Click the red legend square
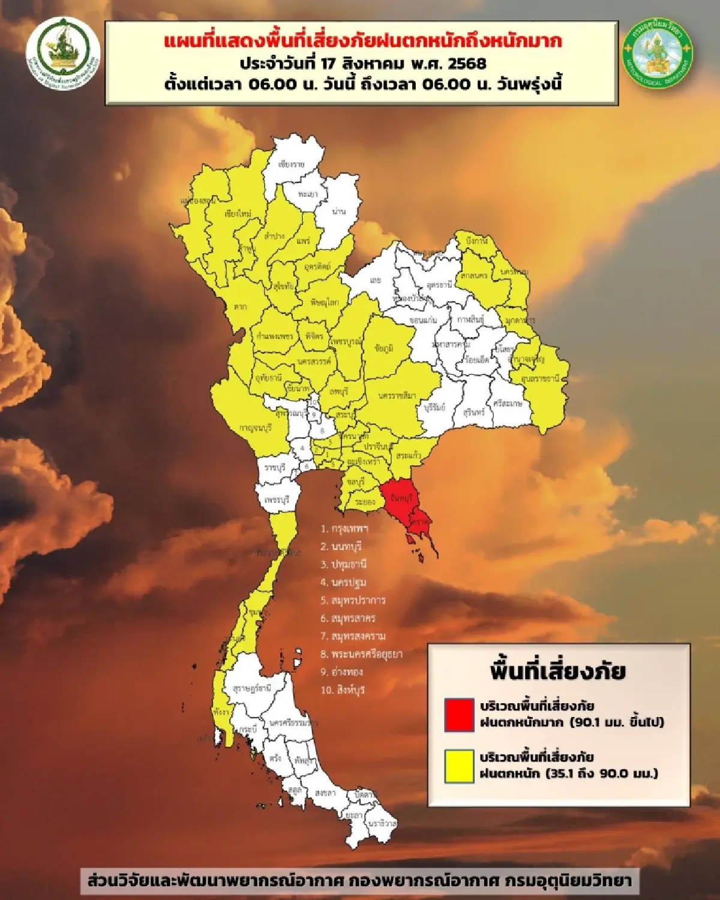(x=460, y=714)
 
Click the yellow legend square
(x=460, y=766)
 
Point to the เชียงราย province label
(x=292, y=164)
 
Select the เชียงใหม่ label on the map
(x=238, y=214)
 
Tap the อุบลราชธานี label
(x=541, y=379)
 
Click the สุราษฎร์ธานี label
(x=252, y=688)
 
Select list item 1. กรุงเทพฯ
(x=344, y=529)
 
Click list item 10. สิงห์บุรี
(x=343, y=690)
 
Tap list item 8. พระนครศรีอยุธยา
(x=361, y=654)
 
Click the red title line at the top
(x=362, y=41)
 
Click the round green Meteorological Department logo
(x=657, y=53)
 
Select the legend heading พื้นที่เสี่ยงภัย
(x=558, y=671)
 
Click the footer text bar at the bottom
(x=359, y=881)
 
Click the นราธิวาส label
(x=383, y=823)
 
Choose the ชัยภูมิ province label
(x=384, y=348)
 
